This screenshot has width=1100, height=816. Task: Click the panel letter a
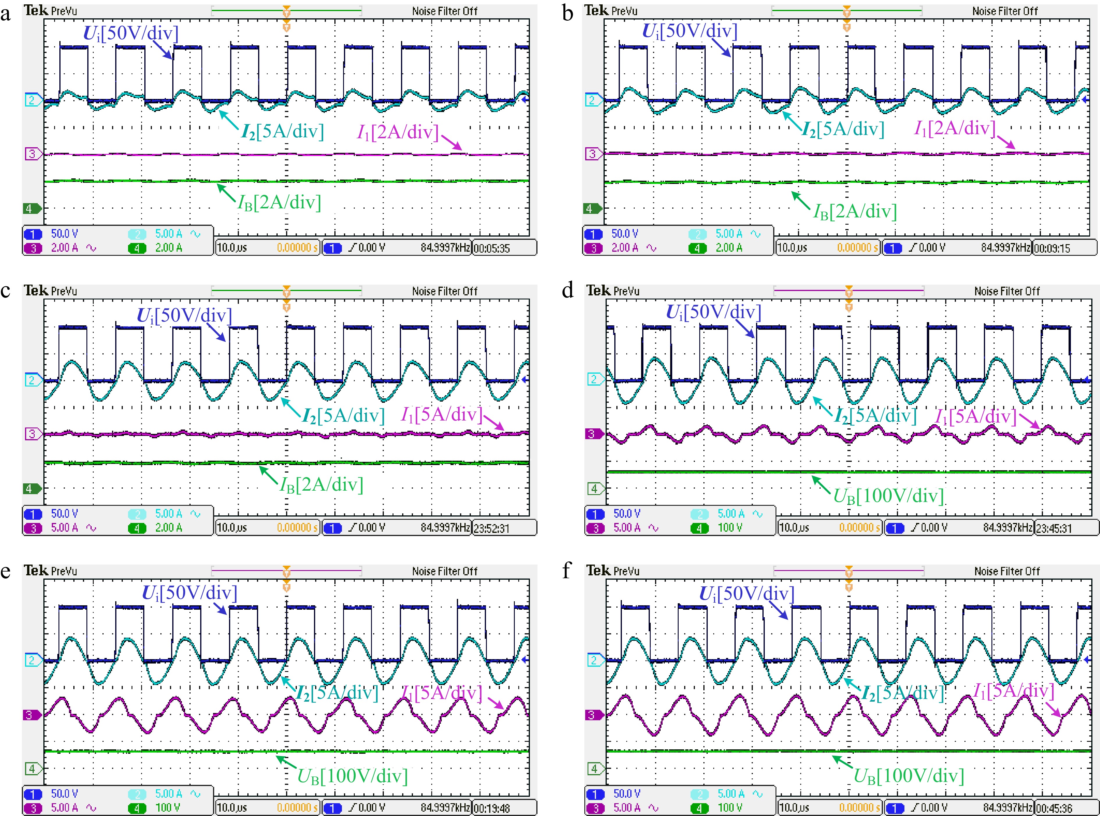[x=6, y=14]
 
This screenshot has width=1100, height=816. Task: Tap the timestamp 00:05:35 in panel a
[x=492, y=248]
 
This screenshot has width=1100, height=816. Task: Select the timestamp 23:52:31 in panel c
[x=492, y=528]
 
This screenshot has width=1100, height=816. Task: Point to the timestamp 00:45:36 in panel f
[x=1053, y=808]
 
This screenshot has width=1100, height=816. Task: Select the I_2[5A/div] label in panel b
[x=843, y=130]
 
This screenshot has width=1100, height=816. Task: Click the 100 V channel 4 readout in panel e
[x=168, y=808]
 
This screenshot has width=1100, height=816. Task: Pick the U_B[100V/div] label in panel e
[x=352, y=776]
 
